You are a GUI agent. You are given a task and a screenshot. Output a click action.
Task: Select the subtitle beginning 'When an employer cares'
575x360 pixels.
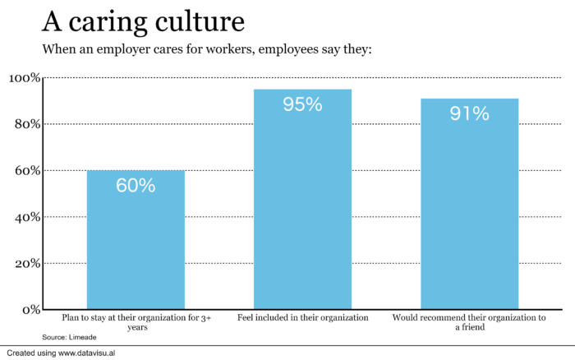tap(207, 49)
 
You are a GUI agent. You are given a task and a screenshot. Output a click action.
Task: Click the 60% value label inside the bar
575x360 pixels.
tap(136, 186)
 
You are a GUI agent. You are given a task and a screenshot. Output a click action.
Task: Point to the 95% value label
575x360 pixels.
tap(302, 104)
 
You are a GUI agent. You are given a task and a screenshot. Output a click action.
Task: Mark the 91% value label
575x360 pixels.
tap(469, 113)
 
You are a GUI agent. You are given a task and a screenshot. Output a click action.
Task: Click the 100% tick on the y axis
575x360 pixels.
tap(24, 78)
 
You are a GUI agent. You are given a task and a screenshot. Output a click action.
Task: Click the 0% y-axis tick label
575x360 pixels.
tap(30, 310)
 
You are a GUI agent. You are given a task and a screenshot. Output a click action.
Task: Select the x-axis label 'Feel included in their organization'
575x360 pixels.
tap(302, 317)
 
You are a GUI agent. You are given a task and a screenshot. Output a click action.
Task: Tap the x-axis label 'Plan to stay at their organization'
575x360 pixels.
tap(136, 321)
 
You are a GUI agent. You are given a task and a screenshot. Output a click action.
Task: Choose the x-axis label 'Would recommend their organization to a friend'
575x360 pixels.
tap(469, 321)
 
